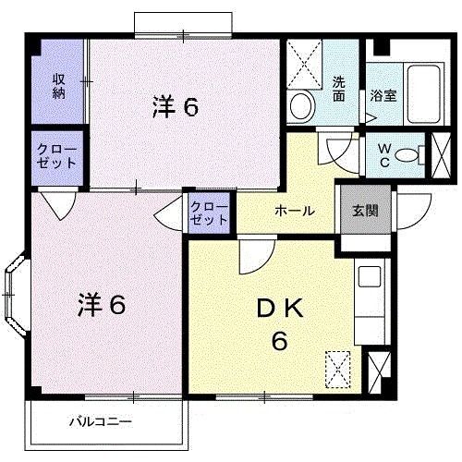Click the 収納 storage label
58,84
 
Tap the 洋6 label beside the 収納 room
176,107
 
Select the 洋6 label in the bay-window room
101,303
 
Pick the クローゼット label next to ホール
211,213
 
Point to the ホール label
294,211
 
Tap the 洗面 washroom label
339,87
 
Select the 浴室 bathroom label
384,95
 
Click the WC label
381,156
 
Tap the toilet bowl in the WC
406,156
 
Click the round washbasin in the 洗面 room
300,105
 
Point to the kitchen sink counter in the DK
371,296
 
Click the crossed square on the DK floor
339,370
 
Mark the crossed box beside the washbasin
304,62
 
